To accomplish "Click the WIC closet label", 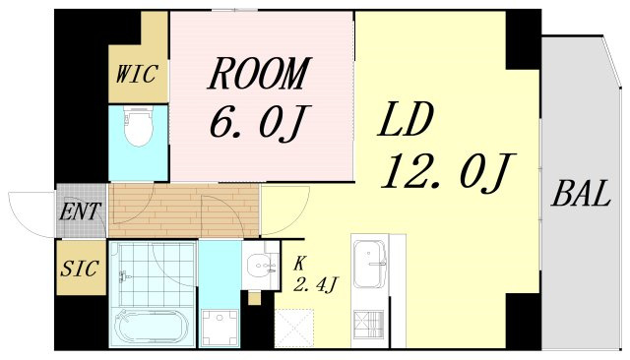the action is tap(136, 74).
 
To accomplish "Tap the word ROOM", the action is tap(259, 73).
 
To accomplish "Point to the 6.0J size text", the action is tap(257, 122).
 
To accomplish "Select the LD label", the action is tap(406, 119).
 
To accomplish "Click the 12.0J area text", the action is tap(448, 172).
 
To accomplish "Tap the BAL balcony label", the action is tap(581, 194).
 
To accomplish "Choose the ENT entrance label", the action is tap(80, 211).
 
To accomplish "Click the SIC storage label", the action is tap(79, 269).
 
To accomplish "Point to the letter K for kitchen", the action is tap(299, 264).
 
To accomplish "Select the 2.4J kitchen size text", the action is tap(315, 286).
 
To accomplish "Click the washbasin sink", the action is tap(261, 266).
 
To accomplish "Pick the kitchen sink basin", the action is tap(370, 264).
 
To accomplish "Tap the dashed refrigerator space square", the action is tap(293, 329).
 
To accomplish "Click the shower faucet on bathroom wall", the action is tap(122, 276).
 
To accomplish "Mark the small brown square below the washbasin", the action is tap(254, 299).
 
